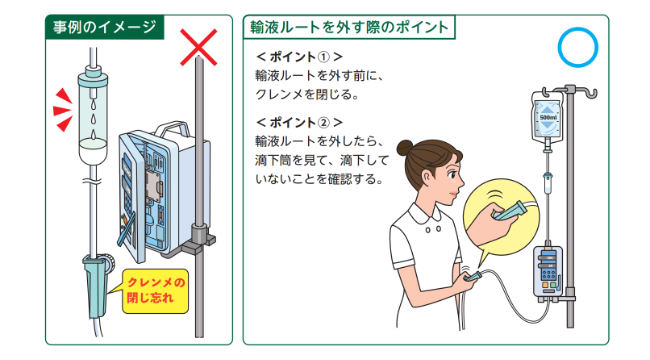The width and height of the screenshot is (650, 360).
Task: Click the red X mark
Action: pyautogui.click(x=199, y=47)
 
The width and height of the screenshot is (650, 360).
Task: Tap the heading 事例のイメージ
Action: pyautogui.click(x=104, y=27)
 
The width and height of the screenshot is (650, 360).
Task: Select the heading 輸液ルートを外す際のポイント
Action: pyautogui.click(x=349, y=27)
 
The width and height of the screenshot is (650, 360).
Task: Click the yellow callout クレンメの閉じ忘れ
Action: pyautogui.click(x=155, y=291)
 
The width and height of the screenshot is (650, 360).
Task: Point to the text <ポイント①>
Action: pyautogui.click(x=299, y=57)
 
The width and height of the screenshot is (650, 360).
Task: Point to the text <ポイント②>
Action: pyautogui.click(x=299, y=122)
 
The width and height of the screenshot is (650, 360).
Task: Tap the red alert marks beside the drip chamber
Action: pyautogui.click(x=63, y=110)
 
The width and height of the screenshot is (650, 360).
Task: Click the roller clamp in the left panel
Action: pyautogui.click(x=98, y=282)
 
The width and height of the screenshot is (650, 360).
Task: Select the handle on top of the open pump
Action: pyautogui.click(x=172, y=129)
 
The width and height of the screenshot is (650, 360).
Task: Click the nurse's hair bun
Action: pyautogui.click(x=405, y=148)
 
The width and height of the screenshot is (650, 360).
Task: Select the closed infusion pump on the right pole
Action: pyautogui.click(x=548, y=270)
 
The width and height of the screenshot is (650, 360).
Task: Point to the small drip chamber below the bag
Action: pyautogui.click(x=547, y=183)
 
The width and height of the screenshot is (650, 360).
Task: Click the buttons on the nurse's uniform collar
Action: pyautogui.click(x=433, y=228)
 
